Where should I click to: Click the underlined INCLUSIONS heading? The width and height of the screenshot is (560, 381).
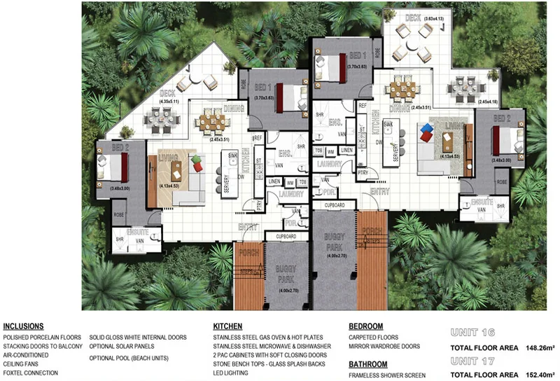click(x=23, y=326)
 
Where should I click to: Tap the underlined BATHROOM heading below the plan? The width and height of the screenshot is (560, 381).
click(x=367, y=364)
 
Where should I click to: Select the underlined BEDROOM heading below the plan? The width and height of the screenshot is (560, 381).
click(x=365, y=326)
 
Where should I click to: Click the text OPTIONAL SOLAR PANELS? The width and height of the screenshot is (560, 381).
click(x=121, y=346)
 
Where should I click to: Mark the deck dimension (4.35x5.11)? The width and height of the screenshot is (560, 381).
click(x=169, y=102)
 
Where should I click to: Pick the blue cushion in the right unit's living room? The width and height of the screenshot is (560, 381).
click(x=424, y=129)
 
